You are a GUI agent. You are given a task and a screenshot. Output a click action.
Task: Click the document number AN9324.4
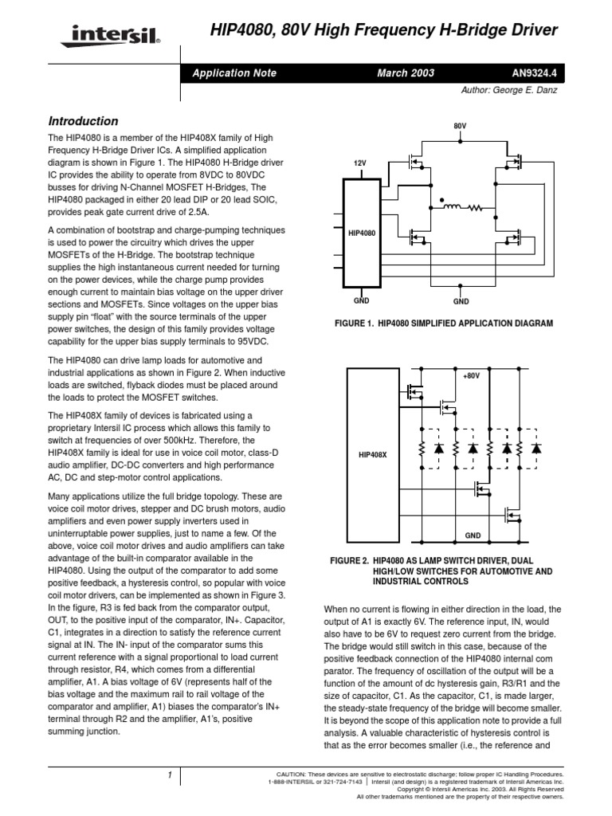click(x=535, y=73)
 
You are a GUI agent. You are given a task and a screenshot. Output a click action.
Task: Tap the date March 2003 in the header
click(x=406, y=73)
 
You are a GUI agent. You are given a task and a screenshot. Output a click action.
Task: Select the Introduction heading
click(x=84, y=121)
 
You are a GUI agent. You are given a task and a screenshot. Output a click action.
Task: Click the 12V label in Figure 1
click(x=359, y=163)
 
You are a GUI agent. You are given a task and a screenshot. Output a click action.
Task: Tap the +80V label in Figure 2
click(x=471, y=374)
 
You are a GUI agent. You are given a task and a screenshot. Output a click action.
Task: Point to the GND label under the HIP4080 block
click(x=360, y=303)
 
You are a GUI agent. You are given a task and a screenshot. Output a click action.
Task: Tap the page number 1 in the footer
click(x=170, y=775)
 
